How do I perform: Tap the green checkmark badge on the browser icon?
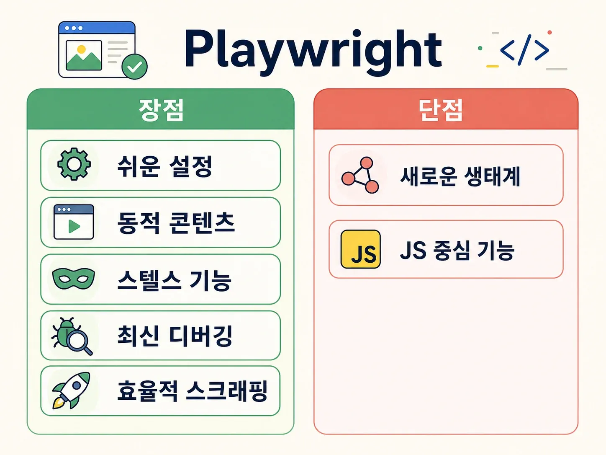tap(134, 67)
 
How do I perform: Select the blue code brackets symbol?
tap(524, 50)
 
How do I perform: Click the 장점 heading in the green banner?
tap(161, 110)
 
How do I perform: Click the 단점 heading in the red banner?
tap(441, 110)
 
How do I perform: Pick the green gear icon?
tap(74, 164)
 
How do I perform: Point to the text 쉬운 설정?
tap(165, 166)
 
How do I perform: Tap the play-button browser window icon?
tap(74, 222)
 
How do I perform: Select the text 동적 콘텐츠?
tap(176, 223)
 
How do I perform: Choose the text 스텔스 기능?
tap(174, 280)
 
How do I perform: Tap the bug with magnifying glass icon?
tap(72, 336)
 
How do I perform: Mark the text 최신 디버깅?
tap(175, 336)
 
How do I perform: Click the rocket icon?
tap(72, 390)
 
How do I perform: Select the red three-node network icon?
tap(360, 175)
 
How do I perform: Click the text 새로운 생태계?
tap(460, 176)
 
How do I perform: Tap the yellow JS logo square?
tap(361, 249)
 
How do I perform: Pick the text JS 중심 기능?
tap(457, 250)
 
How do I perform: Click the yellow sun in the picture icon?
tap(82, 49)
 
